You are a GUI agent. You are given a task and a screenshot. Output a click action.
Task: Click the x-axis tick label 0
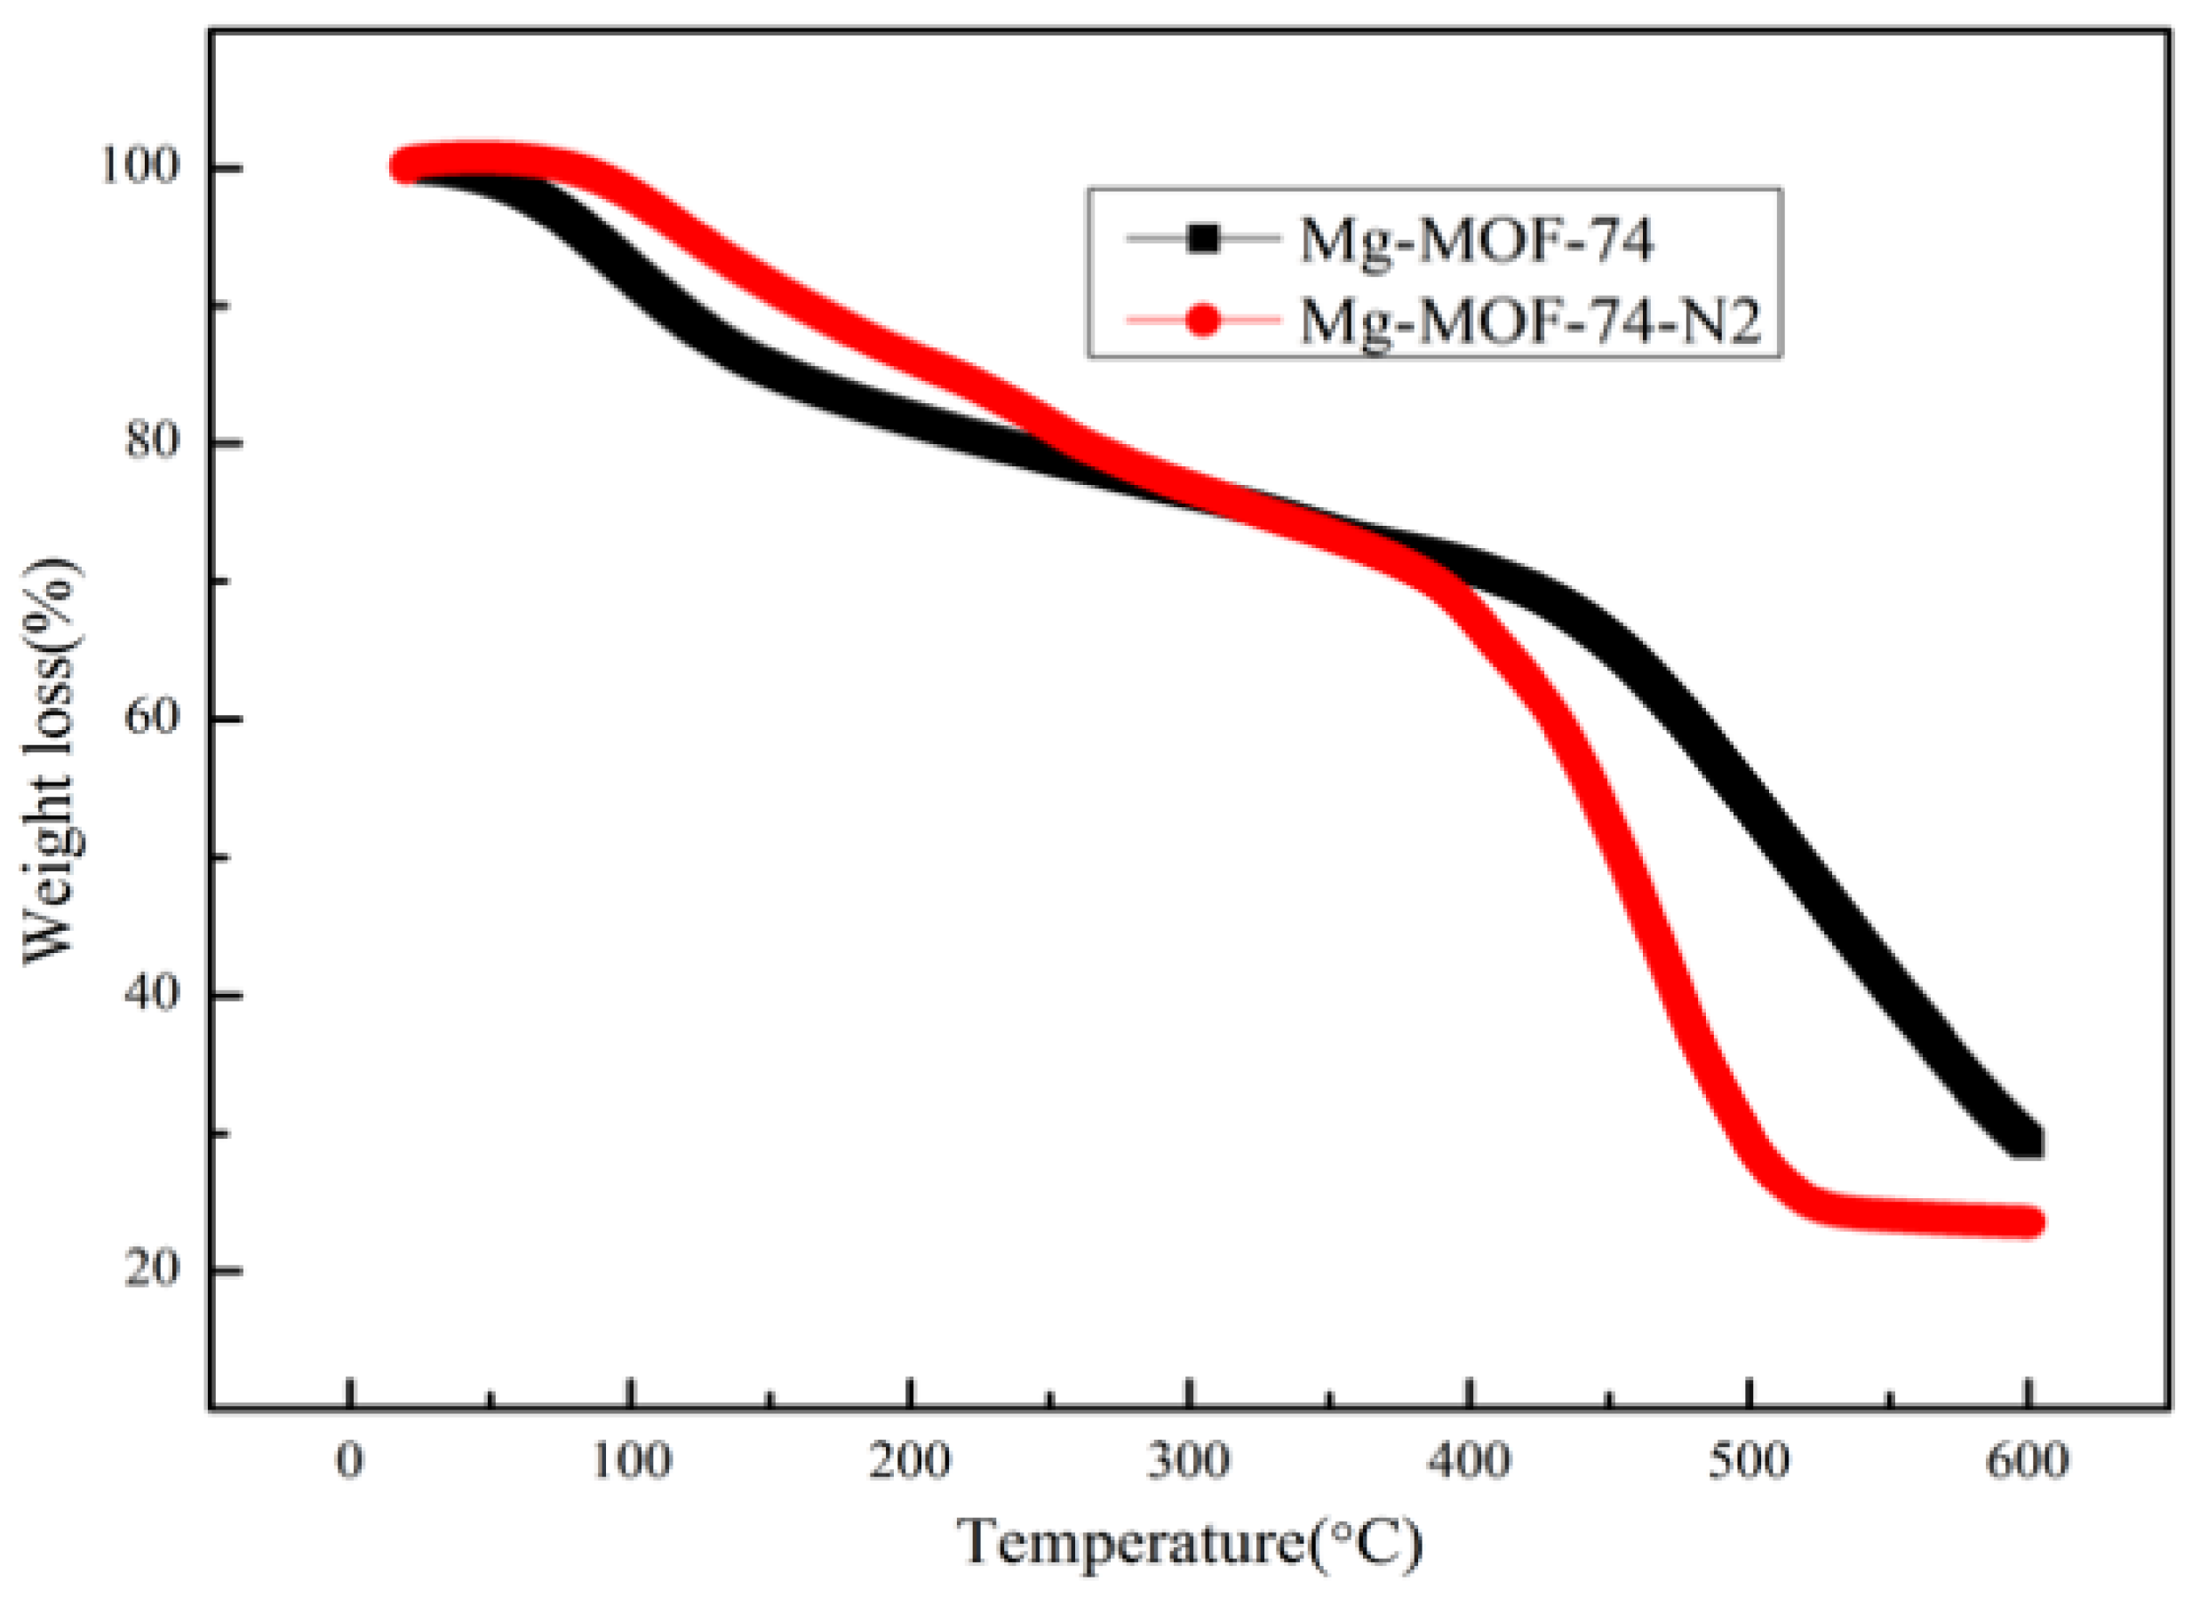click(350, 1460)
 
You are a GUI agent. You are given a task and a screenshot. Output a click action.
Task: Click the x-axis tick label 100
click(633, 1460)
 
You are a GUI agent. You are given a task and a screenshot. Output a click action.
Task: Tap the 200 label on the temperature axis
click(910, 1460)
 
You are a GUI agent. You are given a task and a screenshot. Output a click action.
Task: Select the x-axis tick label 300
click(1188, 1460)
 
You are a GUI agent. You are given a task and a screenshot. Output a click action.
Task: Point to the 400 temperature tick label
click(1471, 1460)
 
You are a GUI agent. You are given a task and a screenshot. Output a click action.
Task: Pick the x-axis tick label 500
click(1749, 1460)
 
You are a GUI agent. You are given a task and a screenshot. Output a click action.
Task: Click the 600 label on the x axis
click(2028, 1460)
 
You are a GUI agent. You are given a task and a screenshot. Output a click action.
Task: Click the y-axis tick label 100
click(141, 166)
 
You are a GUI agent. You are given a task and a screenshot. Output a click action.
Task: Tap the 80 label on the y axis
click(153, 442)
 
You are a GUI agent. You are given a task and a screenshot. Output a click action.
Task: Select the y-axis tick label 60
click(153, 718)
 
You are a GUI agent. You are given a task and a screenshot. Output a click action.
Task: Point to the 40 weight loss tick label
click(153, 994)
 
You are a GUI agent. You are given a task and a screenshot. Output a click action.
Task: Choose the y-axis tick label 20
click(153, 1269)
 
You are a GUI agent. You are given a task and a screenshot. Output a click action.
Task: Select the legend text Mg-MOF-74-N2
click(1530, 321)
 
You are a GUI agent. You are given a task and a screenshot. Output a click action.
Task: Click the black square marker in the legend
click(1203, 238)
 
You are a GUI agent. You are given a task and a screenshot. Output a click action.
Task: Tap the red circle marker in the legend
click(1203, 321)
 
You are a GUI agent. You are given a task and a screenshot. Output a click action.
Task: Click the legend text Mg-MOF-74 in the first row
click(1476, 239)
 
